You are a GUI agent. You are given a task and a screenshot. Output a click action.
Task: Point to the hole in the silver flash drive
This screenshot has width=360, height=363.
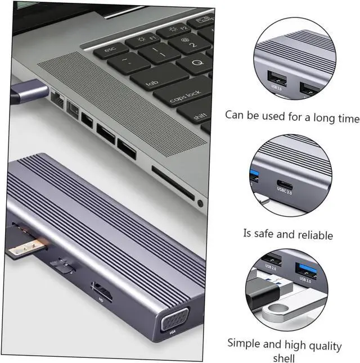(278, 310)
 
